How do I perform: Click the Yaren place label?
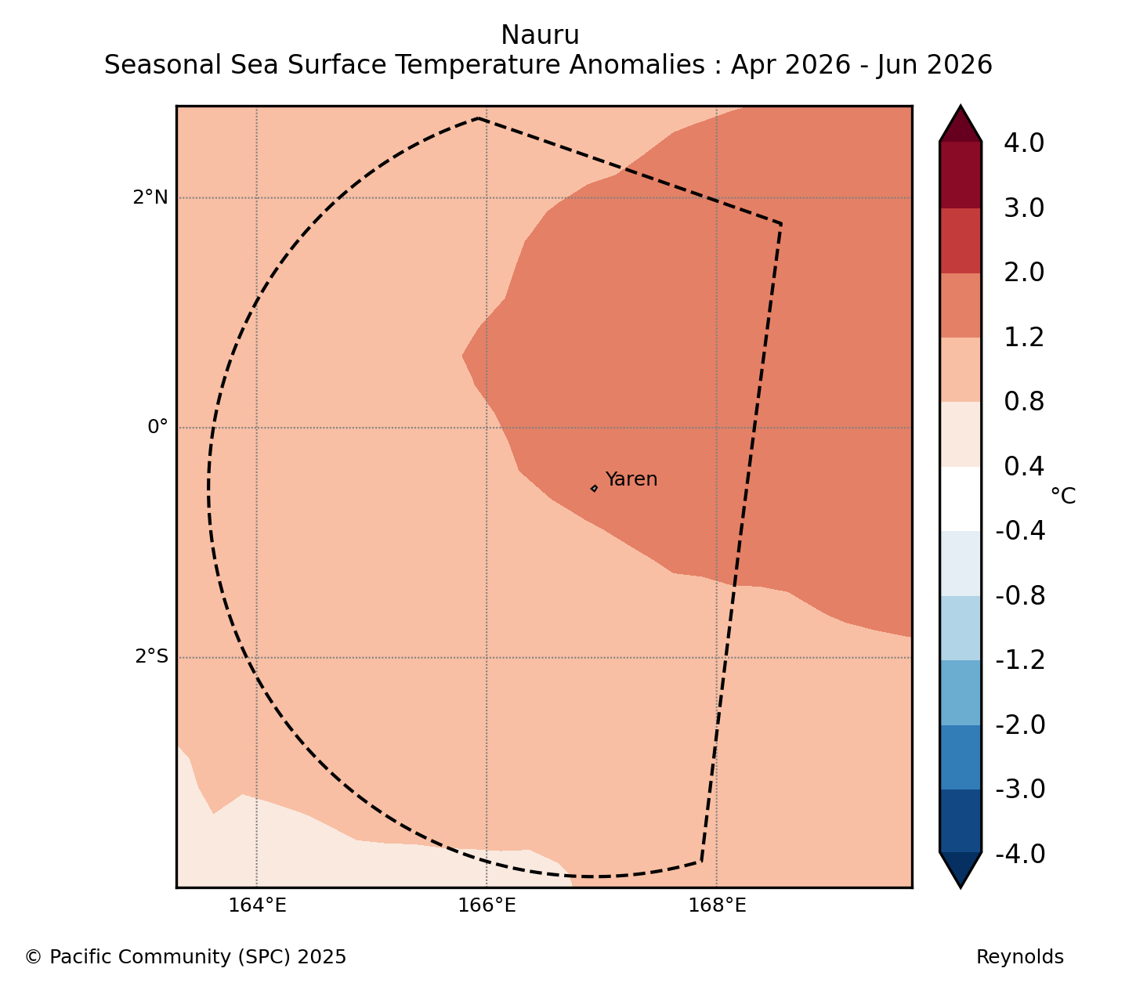pyautogui.click(x=631, y=479)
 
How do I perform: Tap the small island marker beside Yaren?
pyautogui.click(x=594, y=488)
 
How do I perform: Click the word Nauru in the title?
pyautogui.click(x=540, y=35)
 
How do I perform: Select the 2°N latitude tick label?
pyautogui.click(x=150, y=197)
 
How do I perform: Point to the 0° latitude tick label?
pyautogui.click(x=157, y=427)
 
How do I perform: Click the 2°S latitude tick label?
pyautogui.click(x=151, y=656)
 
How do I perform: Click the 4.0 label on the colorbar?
pyautogui.click(x=1023, y=143)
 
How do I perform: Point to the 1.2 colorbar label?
pyautogui.click(x=1023, y=338)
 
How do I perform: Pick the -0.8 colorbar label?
pyautogui.click(x=1020, y=596)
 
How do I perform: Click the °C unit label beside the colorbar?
pyautogui.click(x=1062, y=496)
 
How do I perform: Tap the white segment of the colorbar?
pyautogui.click(x=960, y=498)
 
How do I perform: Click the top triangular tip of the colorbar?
pyautogui.click(x=961, y=107)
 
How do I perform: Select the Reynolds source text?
pyautogui.click(x=1019, y=956)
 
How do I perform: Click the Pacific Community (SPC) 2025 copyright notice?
pyautogui.click(x=186, y=956)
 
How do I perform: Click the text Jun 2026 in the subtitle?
pyautogui.click(x=934, y=65)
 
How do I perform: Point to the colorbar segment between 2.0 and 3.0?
pyautogui.click(x=960, y=240)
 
